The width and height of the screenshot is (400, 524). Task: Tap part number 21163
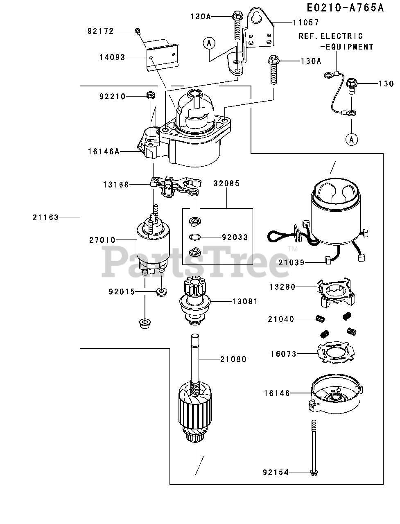(x=46, y=217)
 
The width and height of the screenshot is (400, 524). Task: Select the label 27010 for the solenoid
(x=102, y=240)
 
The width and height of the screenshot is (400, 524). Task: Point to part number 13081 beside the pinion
(x=245, y=302)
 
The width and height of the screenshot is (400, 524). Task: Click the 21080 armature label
(x=233, y=359)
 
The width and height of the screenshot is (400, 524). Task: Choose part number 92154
(x=276, y=473)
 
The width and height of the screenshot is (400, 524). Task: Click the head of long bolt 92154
(x=314, y=473)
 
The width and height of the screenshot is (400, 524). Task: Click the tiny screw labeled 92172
(x=138, y=31)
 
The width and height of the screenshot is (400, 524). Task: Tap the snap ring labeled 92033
(x=194, y=237)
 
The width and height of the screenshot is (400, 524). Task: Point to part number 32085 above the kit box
(x=226, y=183)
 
